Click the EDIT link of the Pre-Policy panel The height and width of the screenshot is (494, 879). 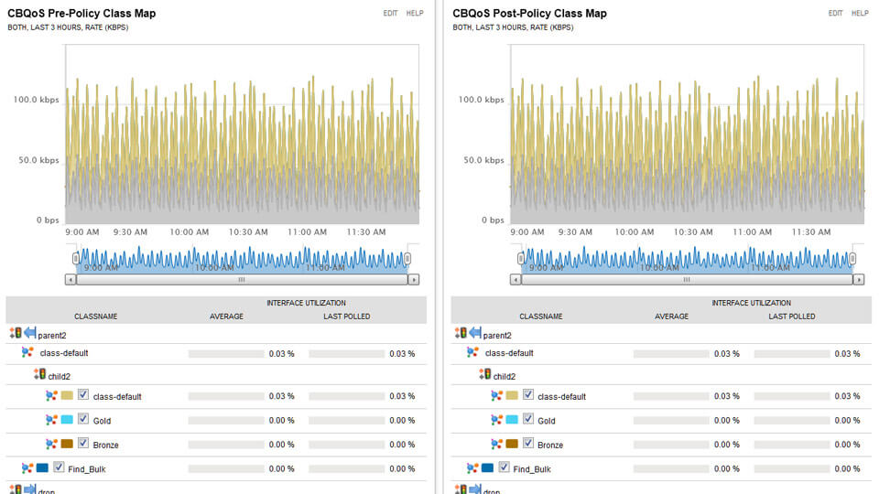(390, 14)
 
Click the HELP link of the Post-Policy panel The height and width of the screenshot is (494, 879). (860, 14)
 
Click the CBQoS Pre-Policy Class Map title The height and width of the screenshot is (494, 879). (81, 14)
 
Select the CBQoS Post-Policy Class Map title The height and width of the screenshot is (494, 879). (529, 14)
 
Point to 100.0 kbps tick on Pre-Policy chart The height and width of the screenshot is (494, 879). (36, 100)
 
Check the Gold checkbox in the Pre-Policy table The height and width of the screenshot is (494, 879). (83, 420)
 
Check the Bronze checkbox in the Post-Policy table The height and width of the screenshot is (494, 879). (528, 444)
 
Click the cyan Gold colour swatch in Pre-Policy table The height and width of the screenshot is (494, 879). (67, 420)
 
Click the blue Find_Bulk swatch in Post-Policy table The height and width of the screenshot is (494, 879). (487, 467)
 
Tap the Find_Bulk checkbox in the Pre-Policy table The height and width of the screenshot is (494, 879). (59, 467)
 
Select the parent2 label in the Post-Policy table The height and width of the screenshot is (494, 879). (497, 335)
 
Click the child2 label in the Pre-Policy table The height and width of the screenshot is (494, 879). (59, 375)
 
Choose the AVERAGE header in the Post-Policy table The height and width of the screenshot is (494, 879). (671, 317)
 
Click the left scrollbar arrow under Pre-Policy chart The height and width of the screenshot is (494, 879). (71, 280)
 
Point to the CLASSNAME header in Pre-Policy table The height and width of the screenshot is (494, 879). (95, 317)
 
